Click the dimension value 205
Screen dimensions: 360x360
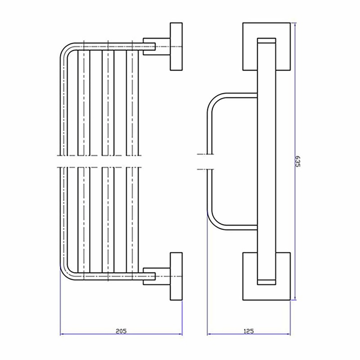[121, 331]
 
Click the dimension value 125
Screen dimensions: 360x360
[249, 331]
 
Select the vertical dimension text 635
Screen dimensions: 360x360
[298, 161]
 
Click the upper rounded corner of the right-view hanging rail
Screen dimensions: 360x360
[215, 101]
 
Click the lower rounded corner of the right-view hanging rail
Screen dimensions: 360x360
[215, 222]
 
